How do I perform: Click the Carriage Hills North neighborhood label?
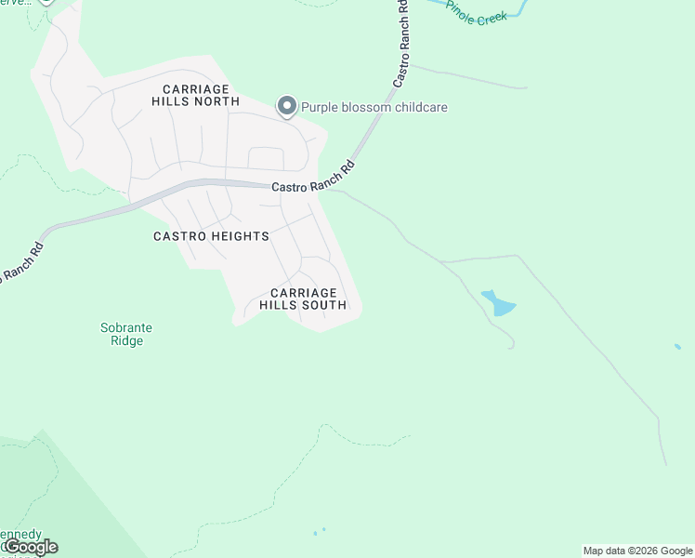pyautogui.click(x=195, y=94)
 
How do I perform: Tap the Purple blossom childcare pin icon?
pyautogui.click(x=287, y=107)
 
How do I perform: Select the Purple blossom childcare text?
pyautogui.click(x=374, y=107)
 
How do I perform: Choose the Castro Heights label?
pyautogui.click(x=211, y=236)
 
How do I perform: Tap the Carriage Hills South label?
pyautogui.click(x=303, y=299)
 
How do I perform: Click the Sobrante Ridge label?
pyautogui.click(x=126, y=334)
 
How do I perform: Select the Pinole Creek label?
pyautogui.click(x=477, y=13)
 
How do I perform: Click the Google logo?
pyautogui.click(x=31, y=547)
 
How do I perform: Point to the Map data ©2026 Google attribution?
pyautogui.click(x=637, y=551)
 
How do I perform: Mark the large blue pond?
pyautogui.click(x=499, y=303)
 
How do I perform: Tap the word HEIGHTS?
pyautogui.click(x=239, y=236)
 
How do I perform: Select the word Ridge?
pyautogui.click(x=126, y=341)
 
